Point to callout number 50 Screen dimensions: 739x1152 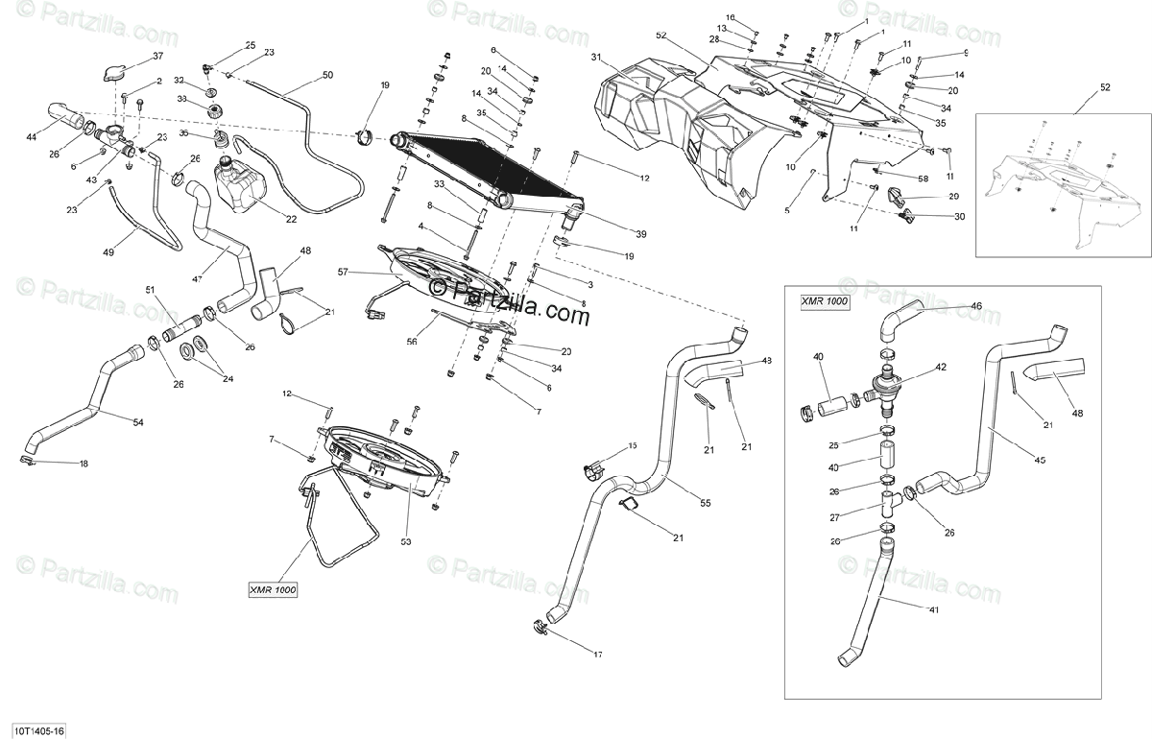coord(327,75)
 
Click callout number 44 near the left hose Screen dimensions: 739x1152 coord(32,138)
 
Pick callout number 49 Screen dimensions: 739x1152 coord(108,252)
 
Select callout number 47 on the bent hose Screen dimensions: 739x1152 coord(197,279)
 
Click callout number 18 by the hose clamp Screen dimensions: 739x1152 coord(84,465)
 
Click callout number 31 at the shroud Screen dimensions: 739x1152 coord(595,58)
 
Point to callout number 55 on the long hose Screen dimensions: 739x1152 coord(706,503)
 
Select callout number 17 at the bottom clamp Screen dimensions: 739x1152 coord(597,656)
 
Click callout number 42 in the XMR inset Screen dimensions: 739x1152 coord(941,368)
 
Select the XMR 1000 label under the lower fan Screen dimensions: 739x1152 coord(272,589)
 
